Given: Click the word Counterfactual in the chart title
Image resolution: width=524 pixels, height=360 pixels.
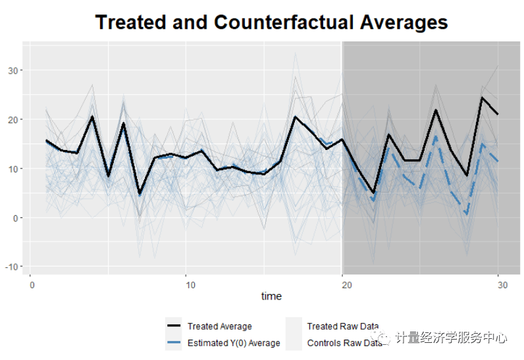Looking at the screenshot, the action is (284, 22).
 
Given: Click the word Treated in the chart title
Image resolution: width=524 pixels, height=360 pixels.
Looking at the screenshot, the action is (130, 22).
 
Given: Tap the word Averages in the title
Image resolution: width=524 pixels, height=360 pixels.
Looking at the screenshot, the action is (404, 24).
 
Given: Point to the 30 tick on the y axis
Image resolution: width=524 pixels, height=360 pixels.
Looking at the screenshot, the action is (13, 70).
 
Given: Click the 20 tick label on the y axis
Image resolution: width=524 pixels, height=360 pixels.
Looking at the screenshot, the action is (13, 120).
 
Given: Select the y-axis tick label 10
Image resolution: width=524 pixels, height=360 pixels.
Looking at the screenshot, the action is (13, 169).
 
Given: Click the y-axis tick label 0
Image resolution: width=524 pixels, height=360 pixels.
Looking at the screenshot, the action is (15, 218).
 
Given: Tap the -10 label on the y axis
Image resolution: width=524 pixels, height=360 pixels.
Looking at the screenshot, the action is (11, 267).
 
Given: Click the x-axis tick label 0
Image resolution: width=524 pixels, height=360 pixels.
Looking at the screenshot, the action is (32, 285).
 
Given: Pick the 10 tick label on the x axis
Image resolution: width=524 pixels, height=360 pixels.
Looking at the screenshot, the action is (190, 285).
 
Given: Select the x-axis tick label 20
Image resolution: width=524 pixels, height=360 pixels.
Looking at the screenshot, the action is (347, 285).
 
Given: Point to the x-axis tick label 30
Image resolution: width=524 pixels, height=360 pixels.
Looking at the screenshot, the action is (503, 285).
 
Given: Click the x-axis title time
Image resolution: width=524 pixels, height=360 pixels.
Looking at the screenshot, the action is (271, 296).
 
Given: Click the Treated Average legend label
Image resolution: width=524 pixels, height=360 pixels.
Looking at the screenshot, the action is (220, 326).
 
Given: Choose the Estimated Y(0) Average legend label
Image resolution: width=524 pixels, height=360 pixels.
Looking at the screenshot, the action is (234, 343).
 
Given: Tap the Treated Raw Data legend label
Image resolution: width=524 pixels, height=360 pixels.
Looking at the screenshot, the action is (343, 326).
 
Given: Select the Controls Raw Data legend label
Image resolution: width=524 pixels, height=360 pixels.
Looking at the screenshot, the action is (344, 343).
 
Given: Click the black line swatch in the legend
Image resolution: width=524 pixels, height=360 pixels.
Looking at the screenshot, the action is (174, 326).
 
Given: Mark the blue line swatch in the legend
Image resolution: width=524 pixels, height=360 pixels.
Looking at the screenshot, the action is (174, 342).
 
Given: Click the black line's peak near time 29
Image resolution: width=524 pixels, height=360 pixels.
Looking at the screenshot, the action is (483, 97).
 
